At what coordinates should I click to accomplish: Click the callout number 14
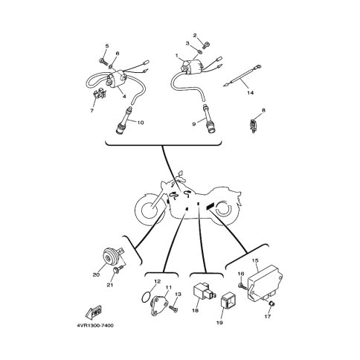click(250, 93)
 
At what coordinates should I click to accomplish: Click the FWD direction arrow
click(93, 312)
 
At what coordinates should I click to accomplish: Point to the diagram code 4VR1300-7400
click(95, 325)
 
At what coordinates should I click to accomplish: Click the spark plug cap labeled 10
click(123, 120)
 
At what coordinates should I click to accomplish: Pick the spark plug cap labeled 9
click(209, 120)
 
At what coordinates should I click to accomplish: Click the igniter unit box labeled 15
click(266, 284)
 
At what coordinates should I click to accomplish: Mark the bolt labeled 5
click(102, 60)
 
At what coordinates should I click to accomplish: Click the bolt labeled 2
click(206, 45)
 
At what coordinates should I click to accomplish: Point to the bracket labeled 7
click(100, 94)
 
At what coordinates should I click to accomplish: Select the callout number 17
click(268, 316)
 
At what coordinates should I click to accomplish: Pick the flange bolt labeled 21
click(118, 269)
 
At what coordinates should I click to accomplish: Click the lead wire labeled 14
click(242, 75)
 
